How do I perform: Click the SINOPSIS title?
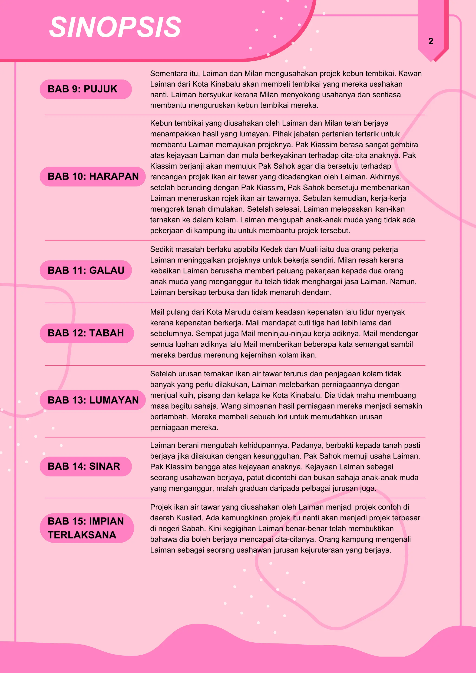coord(115,27)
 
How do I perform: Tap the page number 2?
coord(430,41)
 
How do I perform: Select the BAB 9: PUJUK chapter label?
coord(83,89)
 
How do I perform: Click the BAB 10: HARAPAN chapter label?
coord(93,177)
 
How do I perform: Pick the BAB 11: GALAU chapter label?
coord(86,270)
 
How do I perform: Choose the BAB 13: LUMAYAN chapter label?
coord(93,400)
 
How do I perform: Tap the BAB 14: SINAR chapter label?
coord(84,466)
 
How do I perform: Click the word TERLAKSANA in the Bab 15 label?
coord(82,535)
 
